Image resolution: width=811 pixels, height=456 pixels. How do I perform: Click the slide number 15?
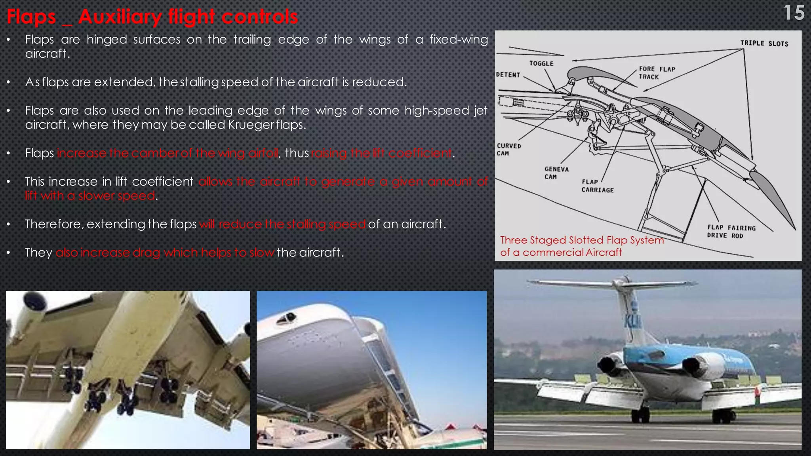tap(794, 13)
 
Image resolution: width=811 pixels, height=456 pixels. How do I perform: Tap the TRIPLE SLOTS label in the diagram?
tap(764, 44)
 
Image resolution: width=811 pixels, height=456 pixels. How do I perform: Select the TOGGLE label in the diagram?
tap(541, 63)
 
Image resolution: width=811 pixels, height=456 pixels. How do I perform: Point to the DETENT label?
tap(508, 75)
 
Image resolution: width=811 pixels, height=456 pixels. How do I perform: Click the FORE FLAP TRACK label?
tap(657, 73)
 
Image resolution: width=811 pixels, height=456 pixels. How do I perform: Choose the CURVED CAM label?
tap(509, 150)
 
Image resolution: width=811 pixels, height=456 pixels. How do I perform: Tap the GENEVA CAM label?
tap(556, 173)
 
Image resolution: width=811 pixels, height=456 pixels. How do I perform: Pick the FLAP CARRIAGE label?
tap(597, 186)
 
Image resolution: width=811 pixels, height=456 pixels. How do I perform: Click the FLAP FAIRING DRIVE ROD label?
tap(731, 232)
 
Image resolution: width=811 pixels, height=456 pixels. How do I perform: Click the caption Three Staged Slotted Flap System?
tap(582, 240)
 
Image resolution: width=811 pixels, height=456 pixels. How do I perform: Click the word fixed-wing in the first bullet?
tap(459, 40)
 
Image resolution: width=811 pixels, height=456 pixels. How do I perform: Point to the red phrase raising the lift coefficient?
tap(381, 153)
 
